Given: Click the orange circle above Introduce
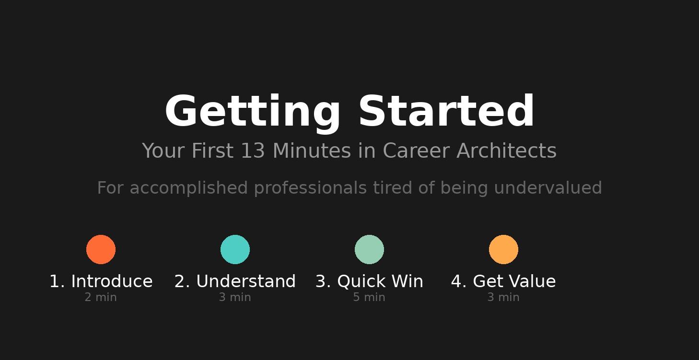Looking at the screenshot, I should pos(101,249).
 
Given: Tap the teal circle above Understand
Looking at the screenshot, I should pos(235,249).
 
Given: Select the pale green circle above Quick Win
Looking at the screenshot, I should pos(369,249).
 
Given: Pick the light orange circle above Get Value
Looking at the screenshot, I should pos(503,249).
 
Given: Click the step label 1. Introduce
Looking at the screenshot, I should pos(101,281).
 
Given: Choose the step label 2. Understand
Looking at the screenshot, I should pos(235,281).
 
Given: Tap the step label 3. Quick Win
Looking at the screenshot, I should pos(369,281).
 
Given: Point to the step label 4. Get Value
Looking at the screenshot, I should pos(503,281).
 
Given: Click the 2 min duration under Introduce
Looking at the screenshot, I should pos(101,298).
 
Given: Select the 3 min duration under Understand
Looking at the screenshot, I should pos(235,298).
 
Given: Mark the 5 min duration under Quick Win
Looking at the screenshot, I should pos(369,298).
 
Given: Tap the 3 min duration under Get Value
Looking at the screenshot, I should pos(503,298).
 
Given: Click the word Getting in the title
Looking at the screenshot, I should pos(253,112).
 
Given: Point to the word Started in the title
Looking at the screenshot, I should pos(446,111).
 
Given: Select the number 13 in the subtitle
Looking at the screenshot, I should pos(253,151).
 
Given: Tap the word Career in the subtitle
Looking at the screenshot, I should pos(416,151).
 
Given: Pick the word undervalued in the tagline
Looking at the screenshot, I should pos(548,188).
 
